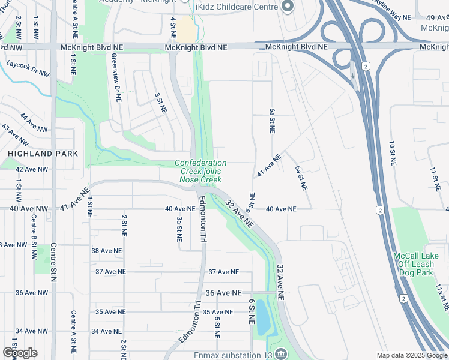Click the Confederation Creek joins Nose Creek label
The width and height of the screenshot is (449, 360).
coord(201,171)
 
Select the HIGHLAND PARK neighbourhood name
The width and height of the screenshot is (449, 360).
coord(43,154)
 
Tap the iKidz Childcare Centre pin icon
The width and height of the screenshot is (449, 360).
coord(287,7)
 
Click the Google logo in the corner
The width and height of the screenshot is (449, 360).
coord(20,353)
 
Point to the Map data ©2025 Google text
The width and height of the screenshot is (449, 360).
coord(412,355)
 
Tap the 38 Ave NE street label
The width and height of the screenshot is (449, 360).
coord(107,251)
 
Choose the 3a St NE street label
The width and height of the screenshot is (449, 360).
coord(179,229)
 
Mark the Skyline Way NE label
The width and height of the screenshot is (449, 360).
coord(391,14)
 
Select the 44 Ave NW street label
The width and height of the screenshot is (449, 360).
coord(32,122)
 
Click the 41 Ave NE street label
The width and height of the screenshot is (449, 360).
coord(269,166)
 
